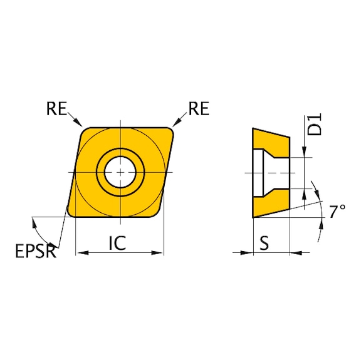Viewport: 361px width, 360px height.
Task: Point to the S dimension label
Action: pos(264,242)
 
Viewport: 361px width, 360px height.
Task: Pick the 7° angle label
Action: pos(337,212)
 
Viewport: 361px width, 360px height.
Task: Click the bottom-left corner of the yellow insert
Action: pos(70,215)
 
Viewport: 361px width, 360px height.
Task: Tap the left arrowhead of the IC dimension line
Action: pos(79,253)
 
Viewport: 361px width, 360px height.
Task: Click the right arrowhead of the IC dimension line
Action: pos(160,253)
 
